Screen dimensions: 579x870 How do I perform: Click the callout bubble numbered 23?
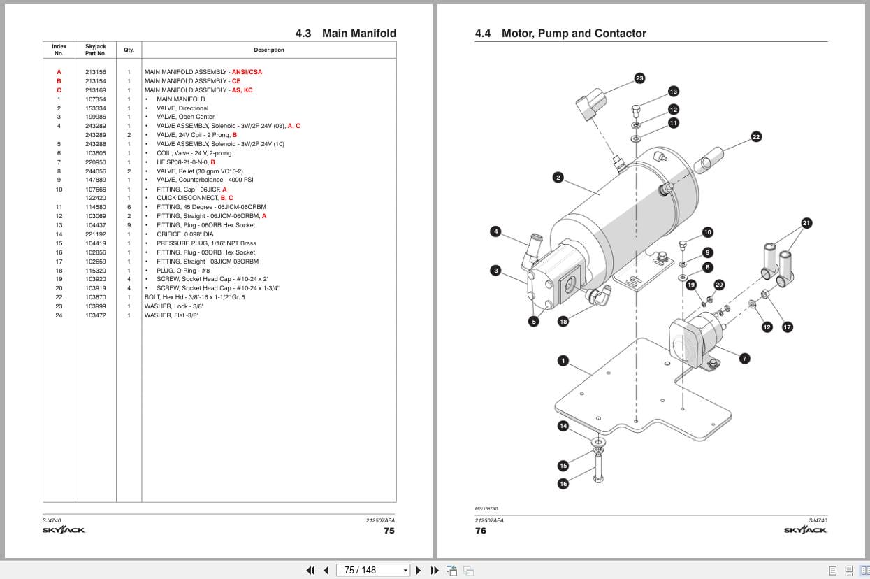tap(639, 78)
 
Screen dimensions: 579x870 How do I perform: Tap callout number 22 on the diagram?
tap(755, 137)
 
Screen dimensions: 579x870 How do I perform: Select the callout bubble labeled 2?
tap(558, 178)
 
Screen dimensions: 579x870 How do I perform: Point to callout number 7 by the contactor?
tap(744, 359)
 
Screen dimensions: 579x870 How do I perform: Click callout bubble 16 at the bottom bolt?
tap(563, 484)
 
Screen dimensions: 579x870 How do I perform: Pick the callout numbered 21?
tap(806, 224)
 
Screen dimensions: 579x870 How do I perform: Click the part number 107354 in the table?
tap(96, 99)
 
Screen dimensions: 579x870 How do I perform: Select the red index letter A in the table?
tap(59, 72)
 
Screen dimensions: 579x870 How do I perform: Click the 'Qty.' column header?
tap(129, 50)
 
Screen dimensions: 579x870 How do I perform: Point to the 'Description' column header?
tap(269, 50)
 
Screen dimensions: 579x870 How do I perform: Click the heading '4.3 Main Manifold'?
tap(346, 34)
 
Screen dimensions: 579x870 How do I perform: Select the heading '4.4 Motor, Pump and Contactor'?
tap(560, 34)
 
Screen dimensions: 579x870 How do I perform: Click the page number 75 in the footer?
tap(389, 531)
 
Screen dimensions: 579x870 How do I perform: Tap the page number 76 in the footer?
tap(481, 531)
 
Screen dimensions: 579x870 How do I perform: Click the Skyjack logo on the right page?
tap(805, 530)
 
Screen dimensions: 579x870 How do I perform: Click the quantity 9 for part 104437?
tap(129, 225)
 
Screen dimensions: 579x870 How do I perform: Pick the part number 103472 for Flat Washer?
tap(96, 315)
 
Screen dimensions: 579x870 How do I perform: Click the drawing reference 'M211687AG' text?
tap(487, 509)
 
